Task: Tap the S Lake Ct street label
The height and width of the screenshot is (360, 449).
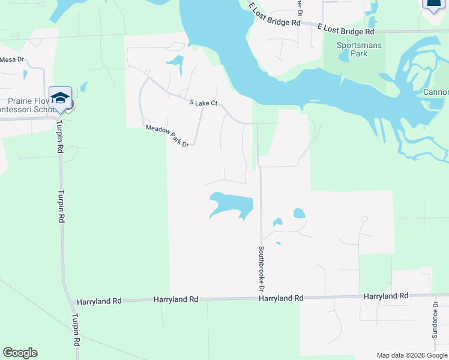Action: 202,103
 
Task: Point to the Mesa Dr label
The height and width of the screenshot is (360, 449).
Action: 11,59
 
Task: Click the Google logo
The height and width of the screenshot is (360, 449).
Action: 20,353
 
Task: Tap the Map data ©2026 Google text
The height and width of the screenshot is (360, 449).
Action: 411,355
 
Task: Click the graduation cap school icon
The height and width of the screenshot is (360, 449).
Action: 61,98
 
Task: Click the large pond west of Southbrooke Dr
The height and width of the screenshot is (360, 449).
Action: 231,204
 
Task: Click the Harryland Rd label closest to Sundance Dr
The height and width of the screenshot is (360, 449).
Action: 386,296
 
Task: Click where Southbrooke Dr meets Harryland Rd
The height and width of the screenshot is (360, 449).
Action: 262,298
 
